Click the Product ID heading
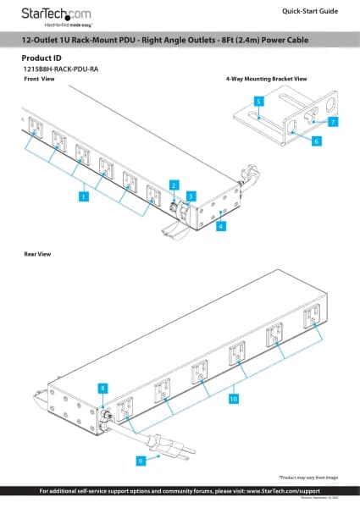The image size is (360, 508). [x=40, y=59]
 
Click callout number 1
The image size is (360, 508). [x=84, y=196]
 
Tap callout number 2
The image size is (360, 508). [x=173, y=184]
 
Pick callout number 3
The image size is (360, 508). [x=191, y=196]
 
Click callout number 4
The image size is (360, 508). [x=220, y=226]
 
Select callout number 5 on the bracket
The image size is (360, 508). [x=258, y=101]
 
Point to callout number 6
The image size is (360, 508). [x=316, y=142]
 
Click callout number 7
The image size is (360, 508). [x=334, y=122]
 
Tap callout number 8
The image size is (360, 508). [x=102, y=387]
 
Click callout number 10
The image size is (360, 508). [x=234, y=396]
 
